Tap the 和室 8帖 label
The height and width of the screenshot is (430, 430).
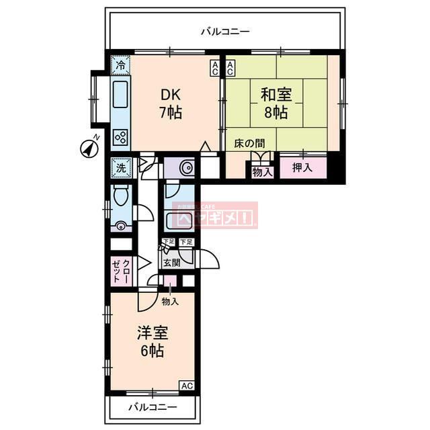pyautogui.click(x=275, y=103)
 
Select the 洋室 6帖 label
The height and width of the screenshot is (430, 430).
pyautogui.click(x=153, y=341)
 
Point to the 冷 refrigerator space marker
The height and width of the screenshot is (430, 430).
pyautogui.click(x=120, y=66)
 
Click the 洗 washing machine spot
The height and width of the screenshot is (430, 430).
pyautogui.click(x=121, y=167)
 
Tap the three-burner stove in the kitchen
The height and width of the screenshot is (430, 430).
pyautogui.click(x=121, y=138)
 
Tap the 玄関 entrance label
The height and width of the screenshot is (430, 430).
pyautogui.click(x=170, y=263)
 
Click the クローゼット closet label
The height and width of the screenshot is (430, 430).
pyautogui.click(x=120, y=270)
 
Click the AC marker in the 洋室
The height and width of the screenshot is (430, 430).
pyautogui.click(x=187, y=386)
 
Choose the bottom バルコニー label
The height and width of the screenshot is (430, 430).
pyautogui.click(x=153, y=408)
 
